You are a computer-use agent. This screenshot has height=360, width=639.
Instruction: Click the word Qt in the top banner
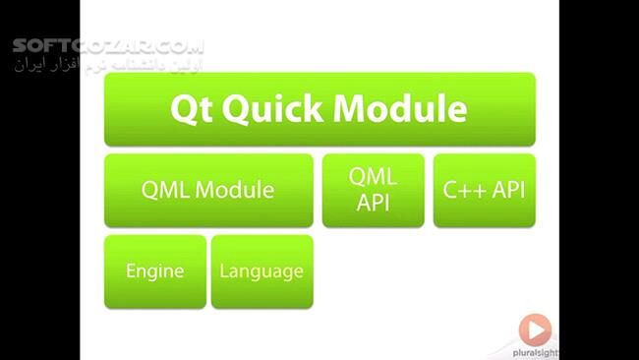[x=192, y=108]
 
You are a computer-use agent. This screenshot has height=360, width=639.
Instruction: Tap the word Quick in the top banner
[x=270, y=108]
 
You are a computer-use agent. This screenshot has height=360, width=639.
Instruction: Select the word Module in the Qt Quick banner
[x=400, y=108]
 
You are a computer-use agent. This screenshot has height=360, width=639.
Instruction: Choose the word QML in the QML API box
[x=374, y=177]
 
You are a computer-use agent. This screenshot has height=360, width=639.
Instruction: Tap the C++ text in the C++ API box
[x=464, y=190]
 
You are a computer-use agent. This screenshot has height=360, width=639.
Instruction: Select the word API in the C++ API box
[x=508, y=190]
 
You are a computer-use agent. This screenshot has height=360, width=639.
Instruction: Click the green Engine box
[x=155, y=271]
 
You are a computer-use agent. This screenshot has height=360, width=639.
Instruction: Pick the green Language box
[x=261, y=271]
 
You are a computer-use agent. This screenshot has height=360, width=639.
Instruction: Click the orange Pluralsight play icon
[x=535, y=328]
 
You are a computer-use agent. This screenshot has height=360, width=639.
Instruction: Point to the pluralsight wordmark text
[x=535, y=350]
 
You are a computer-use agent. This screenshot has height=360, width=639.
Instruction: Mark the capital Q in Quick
[x=237, y=108]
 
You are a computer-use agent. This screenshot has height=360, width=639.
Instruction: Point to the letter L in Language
[x=225, y=271]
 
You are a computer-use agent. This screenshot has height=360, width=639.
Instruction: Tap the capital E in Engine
[x=131, y=271]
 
